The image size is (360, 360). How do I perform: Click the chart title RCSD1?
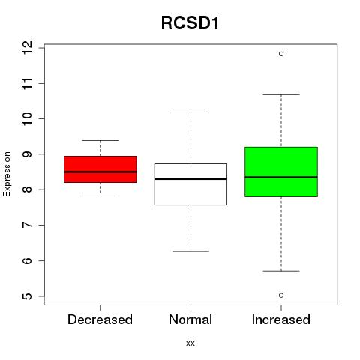pos(190,23)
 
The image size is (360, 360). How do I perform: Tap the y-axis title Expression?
pos(7,174)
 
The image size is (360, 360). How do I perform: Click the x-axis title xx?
pos(190,343)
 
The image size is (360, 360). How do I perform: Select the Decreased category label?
pos(100,319)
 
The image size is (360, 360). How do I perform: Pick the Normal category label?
pos(190,319)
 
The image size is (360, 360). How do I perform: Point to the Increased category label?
pos(281,319)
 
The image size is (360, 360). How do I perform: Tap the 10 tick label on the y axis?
pos(27,118)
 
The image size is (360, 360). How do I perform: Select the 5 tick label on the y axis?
pos(27,296)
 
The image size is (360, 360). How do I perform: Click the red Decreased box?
pos(100,169)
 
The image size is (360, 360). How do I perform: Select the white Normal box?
pos(190,184)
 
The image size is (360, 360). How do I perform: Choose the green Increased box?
pos(281,172)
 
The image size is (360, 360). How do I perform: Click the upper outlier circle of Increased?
pos(281,54)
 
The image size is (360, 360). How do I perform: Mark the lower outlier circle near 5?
pos(281,295)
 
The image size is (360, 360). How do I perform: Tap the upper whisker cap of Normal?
pos(190,112)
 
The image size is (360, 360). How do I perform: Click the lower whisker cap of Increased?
pos(281,271)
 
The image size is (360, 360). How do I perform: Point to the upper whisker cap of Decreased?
pos(100,140)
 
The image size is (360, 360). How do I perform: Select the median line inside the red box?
pos(100,172)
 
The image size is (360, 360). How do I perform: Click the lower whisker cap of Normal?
pos(190,251)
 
